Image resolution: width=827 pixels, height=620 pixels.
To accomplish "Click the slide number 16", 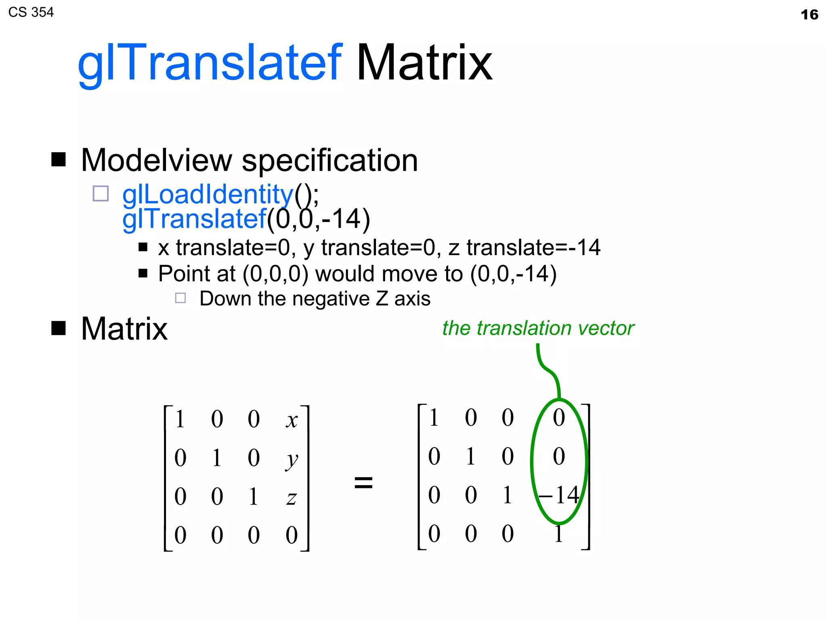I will tap(809, 15).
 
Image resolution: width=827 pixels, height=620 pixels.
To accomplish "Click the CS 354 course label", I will tap(31, 13).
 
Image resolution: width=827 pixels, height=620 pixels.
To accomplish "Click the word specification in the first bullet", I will tap(330, 161).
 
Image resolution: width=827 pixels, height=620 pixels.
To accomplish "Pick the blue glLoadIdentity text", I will tap(208, 194).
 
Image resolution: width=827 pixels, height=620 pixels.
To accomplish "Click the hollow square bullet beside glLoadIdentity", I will tap(101, 193).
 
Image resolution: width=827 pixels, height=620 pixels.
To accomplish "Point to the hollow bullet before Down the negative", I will tap(181, 298).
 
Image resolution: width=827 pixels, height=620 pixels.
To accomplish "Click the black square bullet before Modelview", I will tap(59, 159).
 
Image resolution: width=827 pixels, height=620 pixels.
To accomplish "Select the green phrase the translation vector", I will tap(538, 328).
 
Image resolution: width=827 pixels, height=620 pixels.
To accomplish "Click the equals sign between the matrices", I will tap(363, 482).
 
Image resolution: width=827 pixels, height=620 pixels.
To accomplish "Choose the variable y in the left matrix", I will tap(292, 460).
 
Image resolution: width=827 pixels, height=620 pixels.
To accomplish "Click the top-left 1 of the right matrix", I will tap(434, 417).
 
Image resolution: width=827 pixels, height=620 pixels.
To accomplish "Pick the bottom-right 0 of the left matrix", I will tap(292, 535).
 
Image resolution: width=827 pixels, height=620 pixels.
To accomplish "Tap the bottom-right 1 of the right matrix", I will tap(559, 534).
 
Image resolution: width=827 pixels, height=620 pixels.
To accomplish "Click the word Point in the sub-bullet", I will tap(183, 274).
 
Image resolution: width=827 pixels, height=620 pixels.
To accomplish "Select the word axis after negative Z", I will tap(412, 299).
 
